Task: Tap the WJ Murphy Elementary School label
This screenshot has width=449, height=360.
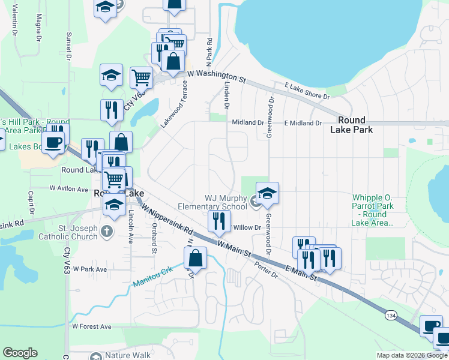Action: click(217, 202)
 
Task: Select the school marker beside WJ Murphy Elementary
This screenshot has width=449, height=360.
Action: click(267, 193)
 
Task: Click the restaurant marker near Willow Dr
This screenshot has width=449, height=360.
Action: click(219, 221)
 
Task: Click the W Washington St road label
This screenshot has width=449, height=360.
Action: click(217, 75)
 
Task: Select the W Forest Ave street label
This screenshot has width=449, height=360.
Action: click(92, 326)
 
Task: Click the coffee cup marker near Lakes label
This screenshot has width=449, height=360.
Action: click(54, 142)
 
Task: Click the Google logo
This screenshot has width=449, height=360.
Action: click(20, 353)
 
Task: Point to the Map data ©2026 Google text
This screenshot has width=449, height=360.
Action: click(411, 355)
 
